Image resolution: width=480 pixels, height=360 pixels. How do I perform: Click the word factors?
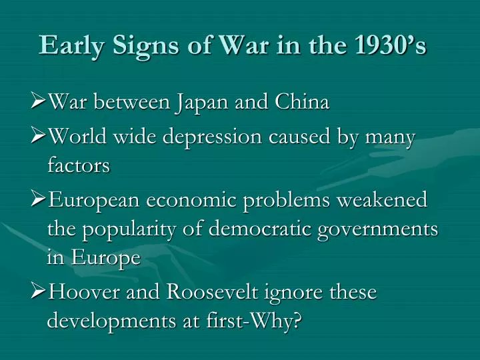click(x=78, y=165)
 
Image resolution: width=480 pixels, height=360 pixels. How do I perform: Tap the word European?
click(x=95, y=200)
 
